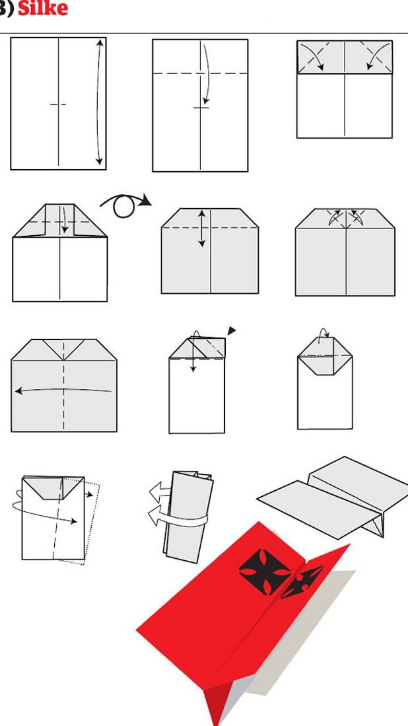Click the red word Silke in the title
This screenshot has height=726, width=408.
42,8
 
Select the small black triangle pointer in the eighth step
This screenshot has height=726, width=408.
231,330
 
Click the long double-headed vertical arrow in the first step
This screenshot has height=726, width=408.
98,102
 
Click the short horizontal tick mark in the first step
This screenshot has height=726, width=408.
58,104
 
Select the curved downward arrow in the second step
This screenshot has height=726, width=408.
207,74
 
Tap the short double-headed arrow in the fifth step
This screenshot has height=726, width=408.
201,229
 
